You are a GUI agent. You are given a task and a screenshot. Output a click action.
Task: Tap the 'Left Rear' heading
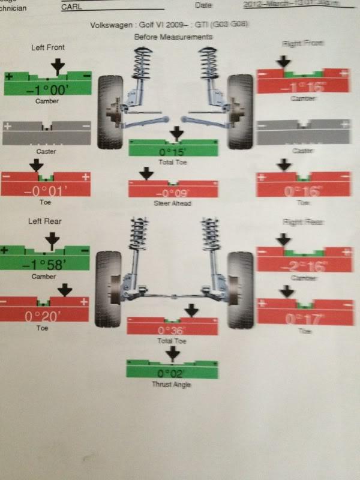click(45, 221)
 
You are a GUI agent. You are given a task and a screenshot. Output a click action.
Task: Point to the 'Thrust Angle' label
click(173, 384)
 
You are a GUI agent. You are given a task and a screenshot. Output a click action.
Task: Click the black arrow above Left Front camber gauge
click(58, 66)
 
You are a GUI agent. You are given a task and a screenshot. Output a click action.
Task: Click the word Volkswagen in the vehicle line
click(112, 25)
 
